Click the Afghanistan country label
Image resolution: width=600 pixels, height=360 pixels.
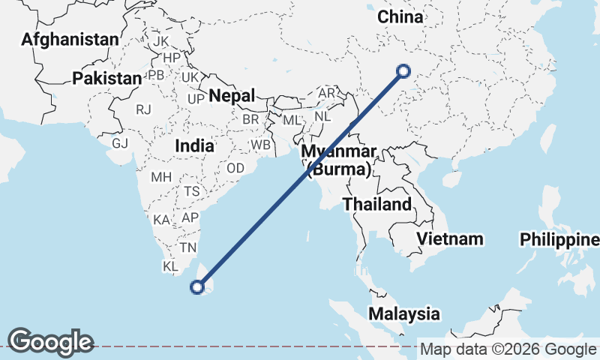click(x=70, y=39)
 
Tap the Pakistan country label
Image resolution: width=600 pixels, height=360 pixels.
click(x=107, y=78)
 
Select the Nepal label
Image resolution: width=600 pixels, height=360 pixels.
click(x=232, y=95)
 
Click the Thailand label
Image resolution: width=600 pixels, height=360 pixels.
click(x=377, y=204)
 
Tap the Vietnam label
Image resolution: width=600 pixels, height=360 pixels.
click(x=450, y=238)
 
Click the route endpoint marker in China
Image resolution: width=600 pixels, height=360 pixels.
click(x=403, y=71)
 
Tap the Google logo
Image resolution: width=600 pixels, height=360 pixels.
click(x=51, y=342)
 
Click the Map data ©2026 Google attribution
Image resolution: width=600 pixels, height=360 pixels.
click(x=508, y=349)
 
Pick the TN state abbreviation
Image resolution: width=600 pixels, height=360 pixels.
click(x=187, y=247)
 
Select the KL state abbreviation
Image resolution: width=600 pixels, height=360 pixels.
click(x=170, y=266)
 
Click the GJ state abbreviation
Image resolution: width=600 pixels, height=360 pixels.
click(x=120, y=142)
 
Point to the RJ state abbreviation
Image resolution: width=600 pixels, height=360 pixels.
click(x=144, y=109)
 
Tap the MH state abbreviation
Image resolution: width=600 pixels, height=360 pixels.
click(x=161, y=178)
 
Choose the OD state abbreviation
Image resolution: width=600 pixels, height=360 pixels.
click(x=235, y=168)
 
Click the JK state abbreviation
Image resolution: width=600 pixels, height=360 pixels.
click(x=161, y=41)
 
